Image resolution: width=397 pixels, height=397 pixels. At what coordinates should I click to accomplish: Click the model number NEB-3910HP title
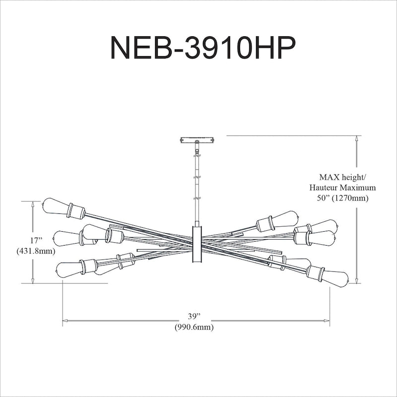(x=203, y=48)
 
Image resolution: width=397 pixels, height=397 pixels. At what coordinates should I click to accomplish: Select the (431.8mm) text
(x=36, y=252)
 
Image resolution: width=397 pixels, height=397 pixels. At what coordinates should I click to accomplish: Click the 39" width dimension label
(x=194, y=316)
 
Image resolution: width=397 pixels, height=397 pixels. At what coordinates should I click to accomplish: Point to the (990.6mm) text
(x=194, y=327)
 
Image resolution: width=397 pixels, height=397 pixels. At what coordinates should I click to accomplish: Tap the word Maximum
(x=358, y=188)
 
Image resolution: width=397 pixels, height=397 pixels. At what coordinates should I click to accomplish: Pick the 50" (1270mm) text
(x=343, y=198)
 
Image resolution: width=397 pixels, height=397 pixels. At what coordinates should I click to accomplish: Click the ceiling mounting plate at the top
(x=197, y=140)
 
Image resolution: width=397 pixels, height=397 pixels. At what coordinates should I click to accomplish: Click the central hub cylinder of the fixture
(x=197, y=244)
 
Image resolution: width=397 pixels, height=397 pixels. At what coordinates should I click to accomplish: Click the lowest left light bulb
(x=69, y=270)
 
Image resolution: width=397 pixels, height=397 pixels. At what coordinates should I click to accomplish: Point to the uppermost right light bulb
(x=286, y=218)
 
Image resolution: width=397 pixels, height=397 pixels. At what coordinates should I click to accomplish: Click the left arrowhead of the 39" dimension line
(x=65, y=321)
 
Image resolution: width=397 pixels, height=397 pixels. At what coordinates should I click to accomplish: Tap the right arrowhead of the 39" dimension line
(x=327, y=321)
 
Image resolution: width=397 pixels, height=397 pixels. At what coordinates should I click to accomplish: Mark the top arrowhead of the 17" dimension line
(x=33, y=204)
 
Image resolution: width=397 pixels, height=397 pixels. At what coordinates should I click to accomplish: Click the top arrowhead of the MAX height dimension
(x=357, y=138)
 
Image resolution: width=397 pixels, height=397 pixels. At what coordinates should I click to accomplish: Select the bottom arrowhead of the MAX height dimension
(x=357, y=280)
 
